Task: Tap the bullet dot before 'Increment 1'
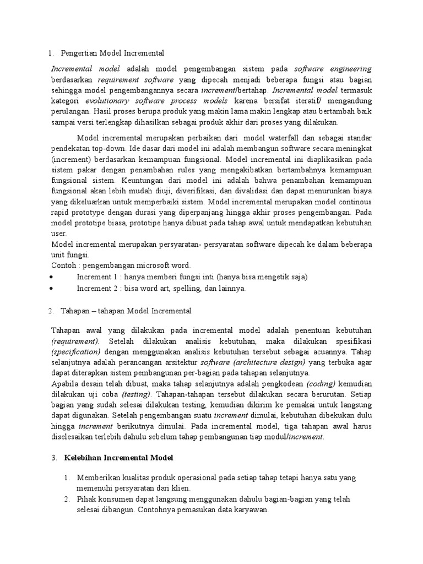[51, 276]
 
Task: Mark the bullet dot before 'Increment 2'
[51, 288]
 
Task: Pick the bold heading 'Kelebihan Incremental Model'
[119, 458]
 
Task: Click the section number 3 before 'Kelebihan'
[53, 458]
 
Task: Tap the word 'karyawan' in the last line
[250, 509]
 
